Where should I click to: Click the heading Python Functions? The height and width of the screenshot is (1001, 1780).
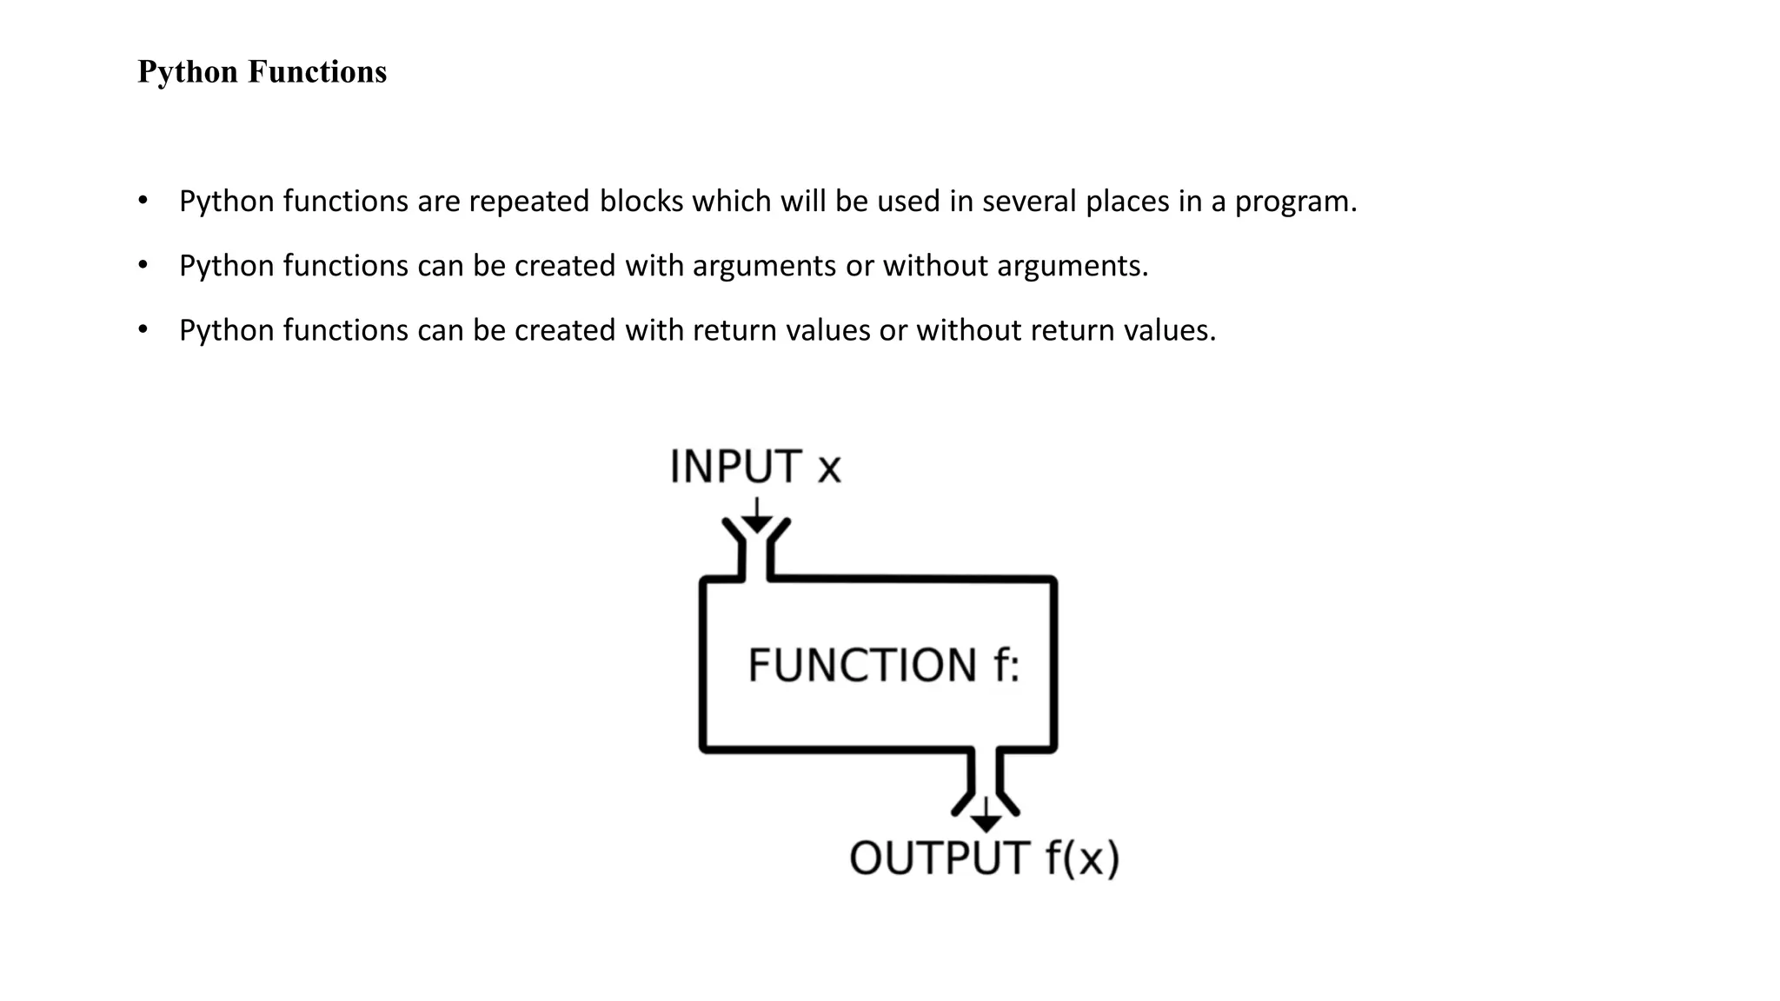point(262,71)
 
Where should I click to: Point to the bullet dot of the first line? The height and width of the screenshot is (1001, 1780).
point(143,201)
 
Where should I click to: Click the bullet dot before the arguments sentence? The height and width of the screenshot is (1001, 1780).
point(143,265)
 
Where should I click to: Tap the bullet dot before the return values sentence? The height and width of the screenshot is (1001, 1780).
point(143,330)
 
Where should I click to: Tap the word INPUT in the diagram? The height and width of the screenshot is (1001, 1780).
point(735,467)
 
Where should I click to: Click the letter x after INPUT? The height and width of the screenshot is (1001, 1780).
point(829,469)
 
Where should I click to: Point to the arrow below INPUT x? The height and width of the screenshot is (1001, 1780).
point(757,517)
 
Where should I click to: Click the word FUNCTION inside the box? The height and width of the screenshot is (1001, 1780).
point(862,666)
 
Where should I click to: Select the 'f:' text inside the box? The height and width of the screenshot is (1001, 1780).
point(1006,666)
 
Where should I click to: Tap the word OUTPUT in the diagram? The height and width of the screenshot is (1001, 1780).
point(940,858)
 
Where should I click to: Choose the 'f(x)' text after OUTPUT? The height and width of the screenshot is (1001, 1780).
point(1081,858)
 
